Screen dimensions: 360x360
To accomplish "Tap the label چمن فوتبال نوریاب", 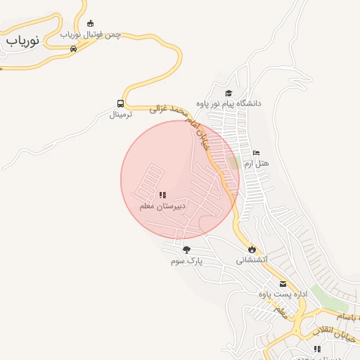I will pyautogui.click(x=91, y=34).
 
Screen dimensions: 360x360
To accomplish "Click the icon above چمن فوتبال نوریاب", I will pyautogui.click(x=89, y=23).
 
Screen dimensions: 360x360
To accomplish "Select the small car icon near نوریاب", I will pyautogui.click(x=73, y=49).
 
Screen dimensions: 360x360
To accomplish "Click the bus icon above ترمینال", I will pyautogui.click(x=121, y=103).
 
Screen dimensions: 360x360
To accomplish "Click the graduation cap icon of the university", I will pyautogui.click(x=228, y=93).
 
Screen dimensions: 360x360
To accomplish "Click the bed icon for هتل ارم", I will pyautogui.click(x=256, y=153).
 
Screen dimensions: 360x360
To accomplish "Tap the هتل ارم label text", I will pyautogui.click(x=257, y=163).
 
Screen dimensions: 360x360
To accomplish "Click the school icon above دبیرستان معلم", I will pyautogui.click(x=162, y=195).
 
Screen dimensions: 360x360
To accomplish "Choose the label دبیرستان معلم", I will pyautogui.click(x=162, y=206).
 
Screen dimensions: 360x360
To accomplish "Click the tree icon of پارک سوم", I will pyautogui.click(x=186, y=250).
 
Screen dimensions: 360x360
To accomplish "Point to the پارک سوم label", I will pyautogui.click(x=186, y=261).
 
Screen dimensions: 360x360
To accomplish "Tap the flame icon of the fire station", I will pyautogui.click(x=251, y=249).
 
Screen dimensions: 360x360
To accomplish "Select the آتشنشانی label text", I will pyautogui.click(x=251, y=259).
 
